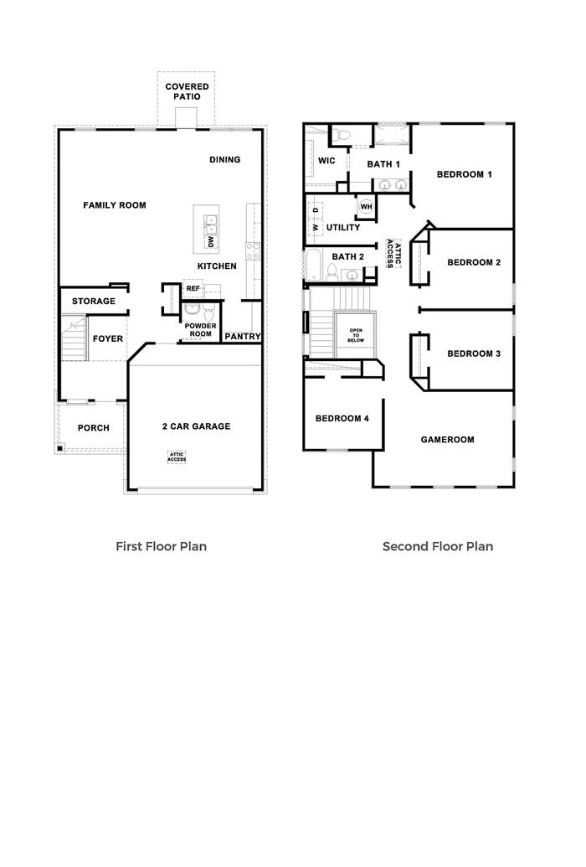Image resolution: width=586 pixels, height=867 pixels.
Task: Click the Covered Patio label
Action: (187, 91)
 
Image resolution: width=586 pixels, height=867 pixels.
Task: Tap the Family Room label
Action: (115, 205)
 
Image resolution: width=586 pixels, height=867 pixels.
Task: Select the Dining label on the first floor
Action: (224, 160)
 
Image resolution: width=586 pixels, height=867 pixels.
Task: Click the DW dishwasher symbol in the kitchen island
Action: (209, 243)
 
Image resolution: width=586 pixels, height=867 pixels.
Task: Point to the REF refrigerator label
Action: (193, 288)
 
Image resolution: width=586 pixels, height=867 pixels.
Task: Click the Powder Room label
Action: (200, 329)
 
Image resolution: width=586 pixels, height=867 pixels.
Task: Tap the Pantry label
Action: (242, 337)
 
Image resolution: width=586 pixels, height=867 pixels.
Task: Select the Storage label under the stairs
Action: (93, 302)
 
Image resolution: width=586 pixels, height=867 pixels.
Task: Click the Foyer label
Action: (108, 339)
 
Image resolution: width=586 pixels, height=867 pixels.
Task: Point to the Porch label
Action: (93, 428)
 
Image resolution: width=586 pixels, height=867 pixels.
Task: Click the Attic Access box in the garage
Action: (177, 457)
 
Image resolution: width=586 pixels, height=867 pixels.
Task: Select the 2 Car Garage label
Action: (196, 426)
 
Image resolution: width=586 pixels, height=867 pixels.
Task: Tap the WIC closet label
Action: (327, 161)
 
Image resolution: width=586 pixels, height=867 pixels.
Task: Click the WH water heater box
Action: (366, 206)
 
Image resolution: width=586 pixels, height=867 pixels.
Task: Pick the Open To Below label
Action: (356, 335)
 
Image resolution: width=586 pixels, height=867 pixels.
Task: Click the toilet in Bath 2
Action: (332, 271)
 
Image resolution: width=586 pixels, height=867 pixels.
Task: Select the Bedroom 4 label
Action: (342, 419)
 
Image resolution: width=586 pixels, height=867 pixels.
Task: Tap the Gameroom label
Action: (447, 440)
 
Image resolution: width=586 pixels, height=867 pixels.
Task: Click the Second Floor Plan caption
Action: (438, 546)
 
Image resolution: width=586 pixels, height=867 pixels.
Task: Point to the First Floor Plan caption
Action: (161, 546)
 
